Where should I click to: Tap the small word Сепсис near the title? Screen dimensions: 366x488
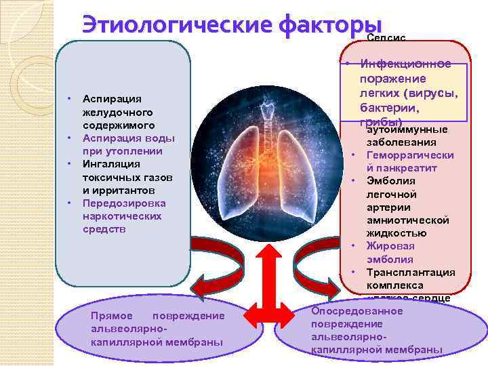[x=386, y=38]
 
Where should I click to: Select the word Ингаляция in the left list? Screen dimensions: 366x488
[x=110, y=164]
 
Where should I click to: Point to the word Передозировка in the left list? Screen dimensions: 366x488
[x=123, y=203]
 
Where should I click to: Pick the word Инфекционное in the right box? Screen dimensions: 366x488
[x=406, y=64]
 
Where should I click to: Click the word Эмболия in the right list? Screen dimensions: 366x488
[x=390, y=181]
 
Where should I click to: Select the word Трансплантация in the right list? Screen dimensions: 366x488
[x=410, y=272]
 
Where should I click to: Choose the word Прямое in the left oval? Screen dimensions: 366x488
[x=110, y=317]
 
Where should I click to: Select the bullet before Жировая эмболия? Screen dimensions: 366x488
[x=354, y=246]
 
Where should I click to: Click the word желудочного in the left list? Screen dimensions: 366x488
[x=119, y=112]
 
